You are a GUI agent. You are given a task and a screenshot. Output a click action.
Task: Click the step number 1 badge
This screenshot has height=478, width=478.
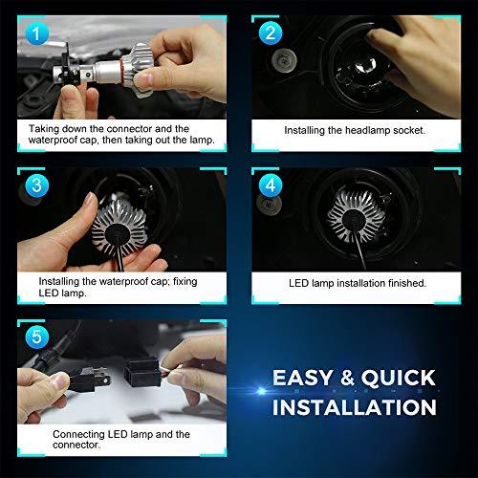pyautogui.click(x=37, y=33)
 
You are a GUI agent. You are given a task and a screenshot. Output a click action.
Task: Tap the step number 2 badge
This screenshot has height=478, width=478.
pyautogui.click(x=271, y=33)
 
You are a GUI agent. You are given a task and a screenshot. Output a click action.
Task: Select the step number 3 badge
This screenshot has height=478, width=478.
pyautogui.click(x=37, y=185)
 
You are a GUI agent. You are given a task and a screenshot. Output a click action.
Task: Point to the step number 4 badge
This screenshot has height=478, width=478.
pyautogui.click(x=271, y=185)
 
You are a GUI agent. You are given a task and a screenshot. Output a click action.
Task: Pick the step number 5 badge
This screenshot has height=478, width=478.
pyautogui.click(x=37, y=337)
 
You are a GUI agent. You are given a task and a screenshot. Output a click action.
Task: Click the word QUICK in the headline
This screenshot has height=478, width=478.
pyautogui.click(x=399, y=378)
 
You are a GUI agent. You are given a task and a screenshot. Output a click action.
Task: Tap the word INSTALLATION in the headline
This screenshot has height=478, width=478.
pyautogui.click(x=355, y=407)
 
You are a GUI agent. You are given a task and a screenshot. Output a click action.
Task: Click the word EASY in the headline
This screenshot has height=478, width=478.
pyautogui.click(x=302, y=378)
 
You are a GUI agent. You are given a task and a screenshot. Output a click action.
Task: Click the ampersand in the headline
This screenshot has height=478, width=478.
pyautogui.click(x=347, y=378)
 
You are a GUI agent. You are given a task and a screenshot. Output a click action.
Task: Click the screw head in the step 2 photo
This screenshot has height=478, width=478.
pyautogui.click(x=284, y=60)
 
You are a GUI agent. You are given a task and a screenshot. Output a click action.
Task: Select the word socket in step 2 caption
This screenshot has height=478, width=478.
pyautogui.click(x=409, y=130)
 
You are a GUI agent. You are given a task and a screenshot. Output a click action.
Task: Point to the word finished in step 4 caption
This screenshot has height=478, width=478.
pyautogui.click(x=406, y=283)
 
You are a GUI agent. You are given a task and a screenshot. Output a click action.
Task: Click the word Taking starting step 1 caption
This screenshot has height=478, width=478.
pyautogui.click(x=44, y=129)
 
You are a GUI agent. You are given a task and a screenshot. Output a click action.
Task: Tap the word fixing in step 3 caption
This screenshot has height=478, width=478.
pyautogui.click(x=185, y=282)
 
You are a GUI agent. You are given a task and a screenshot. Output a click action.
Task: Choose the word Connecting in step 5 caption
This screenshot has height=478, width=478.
pyautogui.click(x=78, y=434)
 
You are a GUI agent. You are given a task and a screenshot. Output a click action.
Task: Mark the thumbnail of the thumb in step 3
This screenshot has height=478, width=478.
pyautogui.click(x=91, y=200)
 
